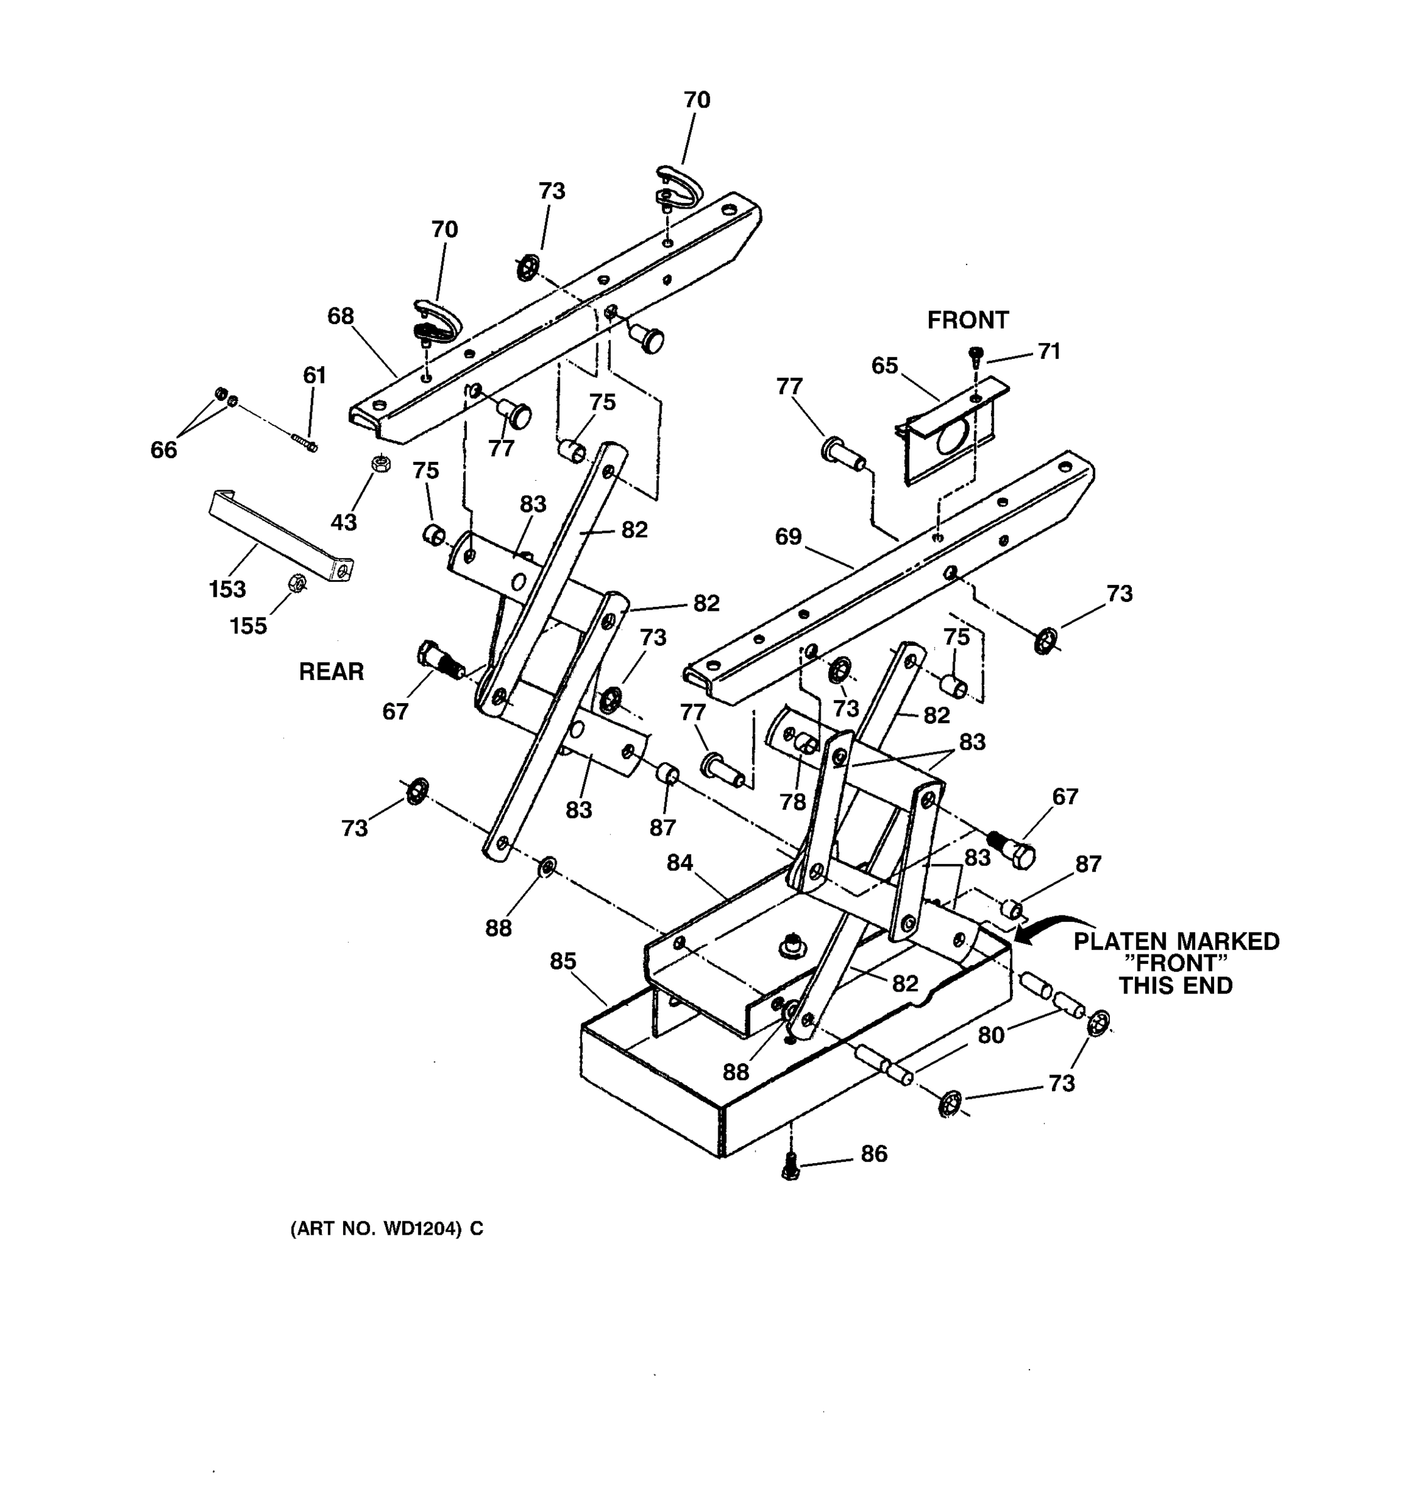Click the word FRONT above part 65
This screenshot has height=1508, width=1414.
point(967,320)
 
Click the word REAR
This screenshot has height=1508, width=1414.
point(331,671)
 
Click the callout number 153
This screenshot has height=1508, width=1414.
point(227,589)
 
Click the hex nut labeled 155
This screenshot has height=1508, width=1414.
point(297,583)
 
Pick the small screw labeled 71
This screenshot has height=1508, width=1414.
point(977,355)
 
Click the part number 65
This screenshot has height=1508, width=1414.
point(884,366)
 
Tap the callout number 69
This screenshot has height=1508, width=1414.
point(788,537)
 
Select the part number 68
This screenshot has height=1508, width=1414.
point(341,315)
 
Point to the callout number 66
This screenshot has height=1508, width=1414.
point(163,450)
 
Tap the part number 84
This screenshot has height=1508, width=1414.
point(680,863)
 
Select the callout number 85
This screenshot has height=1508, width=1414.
point(563,961)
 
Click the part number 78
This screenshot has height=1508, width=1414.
point(792,802)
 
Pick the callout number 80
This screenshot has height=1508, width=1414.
point(990,1035)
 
